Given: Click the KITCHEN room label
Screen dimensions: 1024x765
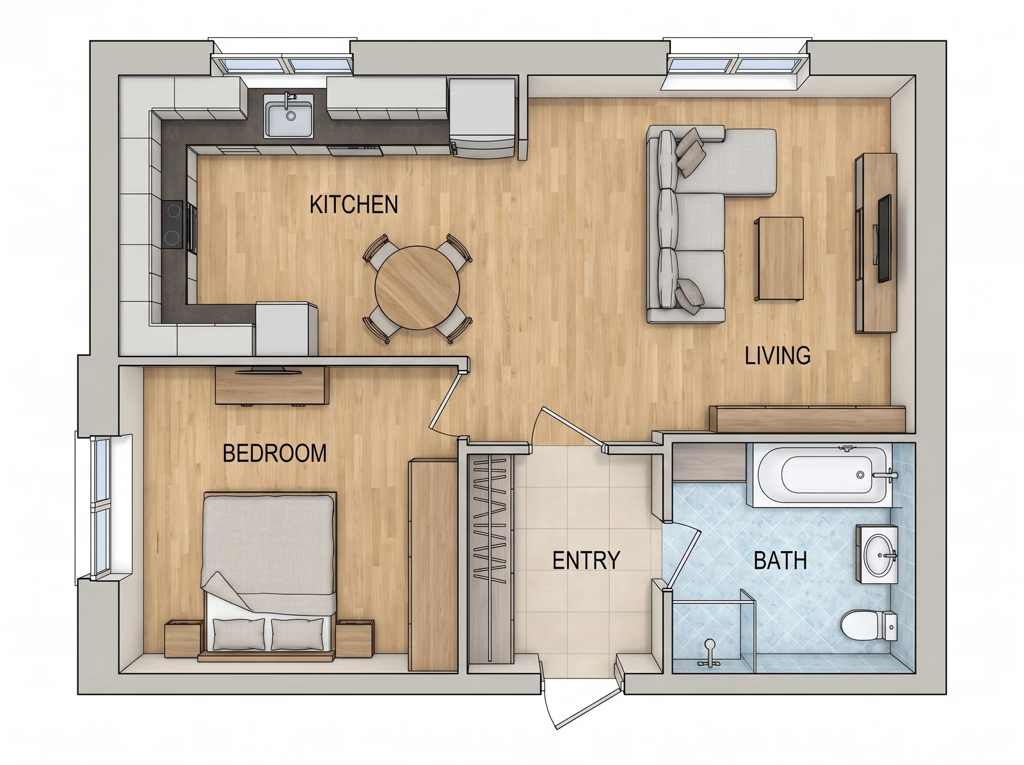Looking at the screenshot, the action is (354, 205).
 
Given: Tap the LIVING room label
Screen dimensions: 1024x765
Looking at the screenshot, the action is (777, 355).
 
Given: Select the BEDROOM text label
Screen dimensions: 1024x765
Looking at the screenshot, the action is (275, 453).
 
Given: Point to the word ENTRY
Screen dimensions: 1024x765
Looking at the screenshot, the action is (586, 560).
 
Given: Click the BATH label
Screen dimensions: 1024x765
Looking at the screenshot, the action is (780, 560).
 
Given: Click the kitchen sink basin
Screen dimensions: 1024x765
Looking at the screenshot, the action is (288, 116).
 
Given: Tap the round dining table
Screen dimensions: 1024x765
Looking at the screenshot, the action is (417, 288).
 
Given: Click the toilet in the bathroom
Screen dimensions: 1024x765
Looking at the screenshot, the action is (870, 625).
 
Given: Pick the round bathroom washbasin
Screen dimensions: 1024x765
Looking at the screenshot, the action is (877, 555).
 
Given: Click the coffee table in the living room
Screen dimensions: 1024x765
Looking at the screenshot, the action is (779, 259).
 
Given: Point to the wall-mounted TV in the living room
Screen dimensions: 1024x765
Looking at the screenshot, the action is (884, 239).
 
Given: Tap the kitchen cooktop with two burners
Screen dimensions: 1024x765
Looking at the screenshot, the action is (173, 225).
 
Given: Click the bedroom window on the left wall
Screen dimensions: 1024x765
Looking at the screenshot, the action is (102, 508).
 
